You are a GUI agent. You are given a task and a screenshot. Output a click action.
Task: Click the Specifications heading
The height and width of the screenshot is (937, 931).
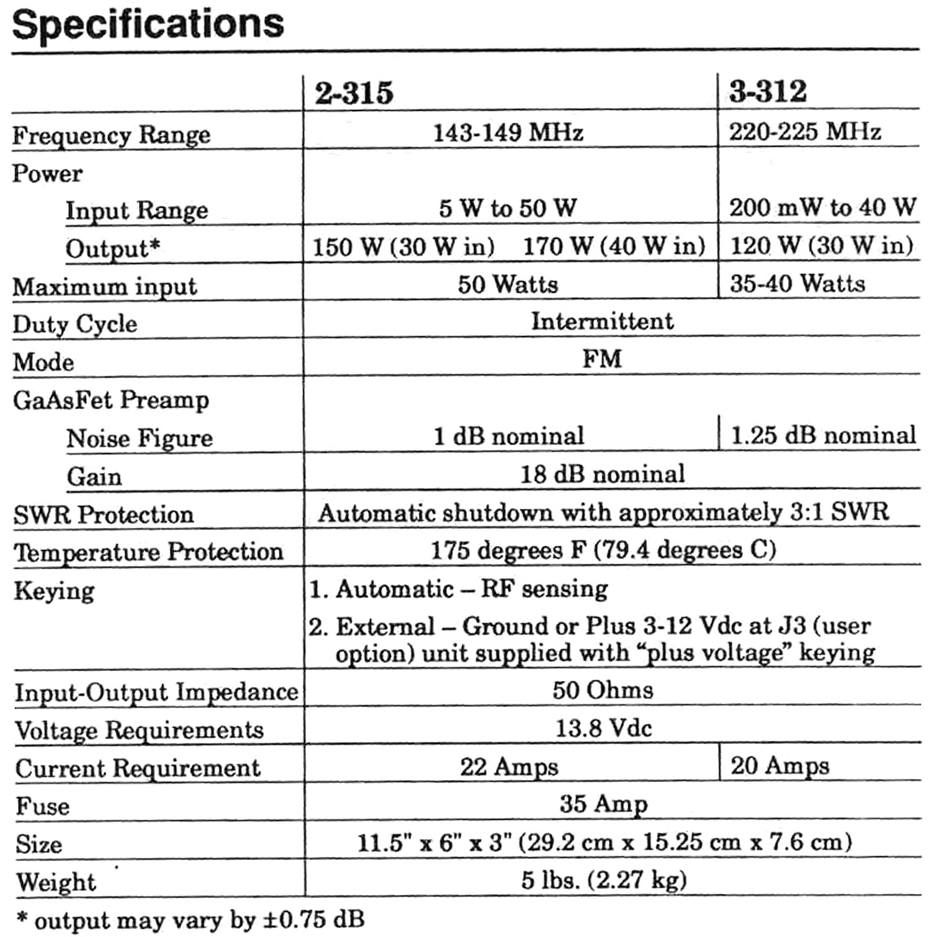148,25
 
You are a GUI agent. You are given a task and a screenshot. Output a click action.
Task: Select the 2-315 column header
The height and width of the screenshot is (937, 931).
354,93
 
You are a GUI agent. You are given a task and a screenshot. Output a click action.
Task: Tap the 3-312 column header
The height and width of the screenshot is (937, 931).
768,91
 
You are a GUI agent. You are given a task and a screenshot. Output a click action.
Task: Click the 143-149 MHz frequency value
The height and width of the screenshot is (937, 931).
508,132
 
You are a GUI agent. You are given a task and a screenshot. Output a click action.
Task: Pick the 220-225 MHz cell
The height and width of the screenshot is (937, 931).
804,132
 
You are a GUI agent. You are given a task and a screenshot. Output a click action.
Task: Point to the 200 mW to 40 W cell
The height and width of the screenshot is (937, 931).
822,207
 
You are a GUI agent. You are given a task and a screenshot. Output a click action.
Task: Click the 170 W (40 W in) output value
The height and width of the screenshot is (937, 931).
614,246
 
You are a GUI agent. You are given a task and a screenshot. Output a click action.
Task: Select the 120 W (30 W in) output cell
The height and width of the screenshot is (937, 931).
821,246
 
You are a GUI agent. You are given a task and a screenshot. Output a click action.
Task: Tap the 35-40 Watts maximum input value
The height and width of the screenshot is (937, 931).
797,284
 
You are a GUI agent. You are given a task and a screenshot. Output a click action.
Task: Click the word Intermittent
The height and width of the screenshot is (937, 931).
602,321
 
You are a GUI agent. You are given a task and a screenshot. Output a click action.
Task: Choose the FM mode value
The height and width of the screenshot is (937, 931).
602,359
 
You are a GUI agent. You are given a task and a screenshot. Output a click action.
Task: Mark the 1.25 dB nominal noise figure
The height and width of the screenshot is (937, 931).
823,436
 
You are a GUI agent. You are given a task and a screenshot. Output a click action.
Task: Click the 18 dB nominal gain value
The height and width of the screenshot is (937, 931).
602,475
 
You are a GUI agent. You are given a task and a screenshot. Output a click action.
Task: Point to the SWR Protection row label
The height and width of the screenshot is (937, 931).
104,514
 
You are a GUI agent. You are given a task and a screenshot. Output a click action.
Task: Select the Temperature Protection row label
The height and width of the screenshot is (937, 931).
148,552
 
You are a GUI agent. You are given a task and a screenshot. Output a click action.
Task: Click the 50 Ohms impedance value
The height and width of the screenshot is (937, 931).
603,690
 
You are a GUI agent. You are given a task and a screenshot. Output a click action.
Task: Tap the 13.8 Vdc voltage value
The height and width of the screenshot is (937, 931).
603,728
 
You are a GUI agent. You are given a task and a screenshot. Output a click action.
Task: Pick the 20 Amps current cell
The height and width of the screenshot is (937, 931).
780,766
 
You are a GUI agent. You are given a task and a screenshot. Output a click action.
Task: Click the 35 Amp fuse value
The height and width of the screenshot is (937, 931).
603,804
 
